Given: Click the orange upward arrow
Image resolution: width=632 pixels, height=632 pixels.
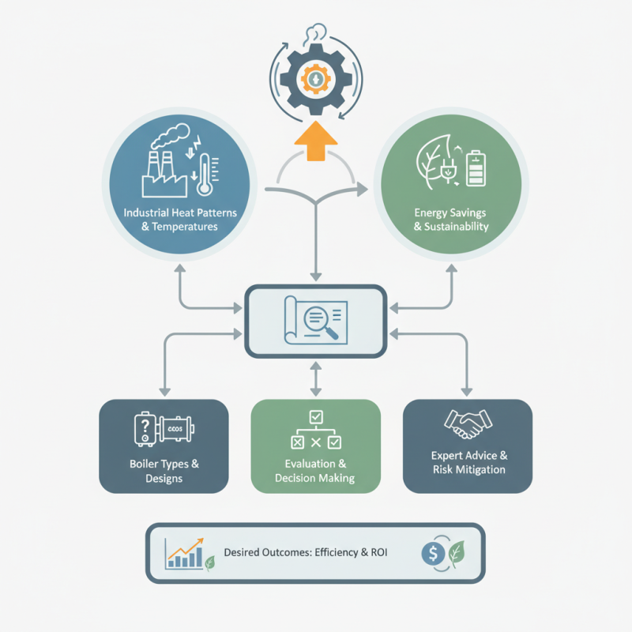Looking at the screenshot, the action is point(316,141).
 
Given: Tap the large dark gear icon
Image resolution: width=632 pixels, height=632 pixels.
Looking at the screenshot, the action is point(316,79).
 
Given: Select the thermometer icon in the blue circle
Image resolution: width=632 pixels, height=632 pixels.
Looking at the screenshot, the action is point(206,174).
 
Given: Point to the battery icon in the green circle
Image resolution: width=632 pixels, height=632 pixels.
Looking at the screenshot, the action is point(476,168).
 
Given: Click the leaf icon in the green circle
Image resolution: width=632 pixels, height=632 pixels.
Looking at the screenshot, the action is point(433,161).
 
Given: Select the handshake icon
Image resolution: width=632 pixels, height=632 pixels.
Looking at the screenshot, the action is point(468,424).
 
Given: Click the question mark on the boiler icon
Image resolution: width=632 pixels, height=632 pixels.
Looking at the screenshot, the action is point(145,425).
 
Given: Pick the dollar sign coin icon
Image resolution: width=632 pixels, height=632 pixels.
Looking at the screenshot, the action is point(433,554).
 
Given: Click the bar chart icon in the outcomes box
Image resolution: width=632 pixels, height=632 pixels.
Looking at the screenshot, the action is point(184,554).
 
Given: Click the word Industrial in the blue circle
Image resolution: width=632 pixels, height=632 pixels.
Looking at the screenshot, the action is point(146,213).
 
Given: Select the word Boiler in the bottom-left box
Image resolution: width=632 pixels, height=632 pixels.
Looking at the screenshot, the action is point(142,464).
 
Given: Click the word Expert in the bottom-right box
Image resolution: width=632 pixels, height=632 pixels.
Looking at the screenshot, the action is point(447,456).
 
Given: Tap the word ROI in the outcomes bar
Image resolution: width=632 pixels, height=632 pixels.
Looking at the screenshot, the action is point(379,552).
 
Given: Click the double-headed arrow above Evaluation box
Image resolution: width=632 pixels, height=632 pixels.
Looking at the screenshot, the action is point(316,379).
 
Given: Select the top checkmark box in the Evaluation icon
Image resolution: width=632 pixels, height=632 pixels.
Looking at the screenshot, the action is point(316,417).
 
